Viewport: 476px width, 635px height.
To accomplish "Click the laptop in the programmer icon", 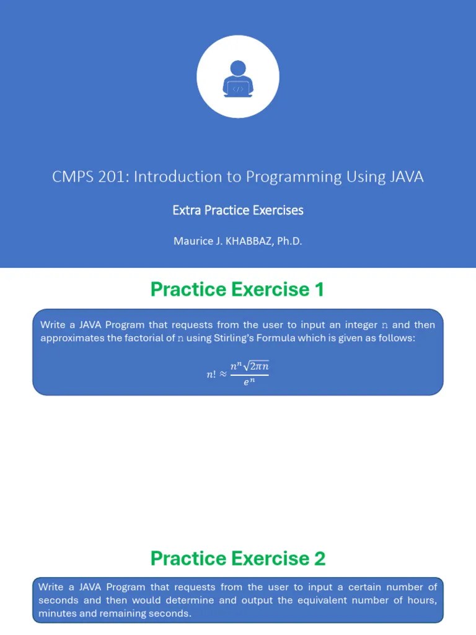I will [237, 89].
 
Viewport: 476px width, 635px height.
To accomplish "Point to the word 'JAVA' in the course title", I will [407, 177].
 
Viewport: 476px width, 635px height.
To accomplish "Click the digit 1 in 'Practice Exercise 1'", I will [319, 290].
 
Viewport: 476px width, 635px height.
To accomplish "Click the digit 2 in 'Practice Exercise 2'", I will [319, 559].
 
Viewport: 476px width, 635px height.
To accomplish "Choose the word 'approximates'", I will [71, 338].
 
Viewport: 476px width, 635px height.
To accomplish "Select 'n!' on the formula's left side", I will [211, 375].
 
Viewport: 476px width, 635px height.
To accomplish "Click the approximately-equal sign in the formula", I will [223, 375].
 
